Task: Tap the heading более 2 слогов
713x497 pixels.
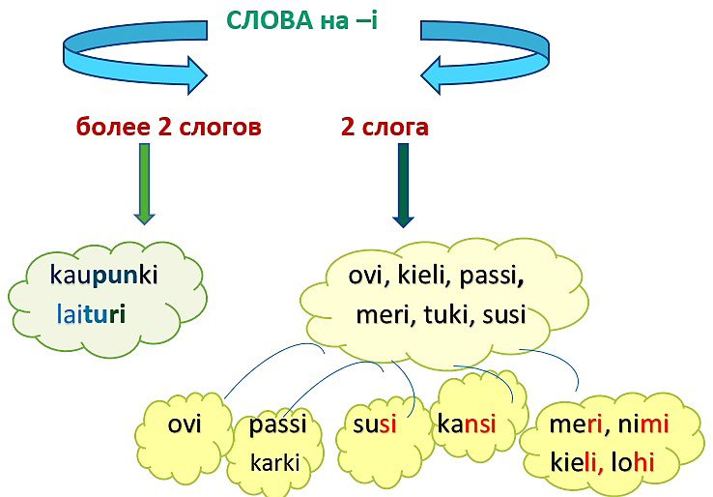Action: (x=169, y=127)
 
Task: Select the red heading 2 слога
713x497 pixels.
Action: (x=385, y=127)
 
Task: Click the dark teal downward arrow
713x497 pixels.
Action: (x=402, y=185)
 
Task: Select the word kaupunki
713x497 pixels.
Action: (x=103, y=277)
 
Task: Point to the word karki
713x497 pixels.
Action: (x=275, y=462)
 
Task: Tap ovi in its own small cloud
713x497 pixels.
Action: (x=185, y=424)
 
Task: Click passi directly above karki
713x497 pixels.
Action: (x=277, y=424)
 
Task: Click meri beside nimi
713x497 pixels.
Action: (x=576, y=425)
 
